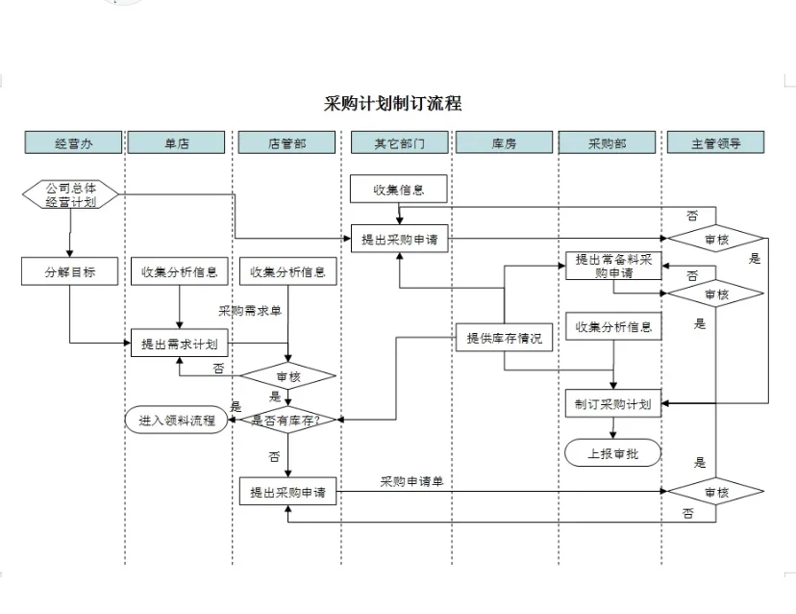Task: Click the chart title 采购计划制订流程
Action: click(x=392, y=103)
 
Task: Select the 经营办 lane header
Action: click(x=73, y=143)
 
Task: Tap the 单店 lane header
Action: click(x=177, y=143)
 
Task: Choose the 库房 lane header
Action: click(x=504, y=143)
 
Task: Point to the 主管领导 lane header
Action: click(x=716, y=143)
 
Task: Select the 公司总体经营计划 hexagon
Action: click(x=70, y=195)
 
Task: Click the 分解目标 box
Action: click(x=69, y=272)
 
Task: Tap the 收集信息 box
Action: click(x=399, y=190)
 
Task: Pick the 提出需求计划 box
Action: click(x=179, y=344)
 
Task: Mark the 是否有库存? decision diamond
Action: click(x=286, y=420)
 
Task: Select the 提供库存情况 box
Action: click(x=504, y=338)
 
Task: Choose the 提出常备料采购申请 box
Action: click(x=613, y=266)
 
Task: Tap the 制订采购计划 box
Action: click(x=612, y=404)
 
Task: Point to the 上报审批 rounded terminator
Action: click(x=612, y=453)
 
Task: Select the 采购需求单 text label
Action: click(x=249, y=310)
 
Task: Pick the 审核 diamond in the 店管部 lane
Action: click(x=287, y=376)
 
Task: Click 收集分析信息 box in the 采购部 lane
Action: click(x=613, y=327)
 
